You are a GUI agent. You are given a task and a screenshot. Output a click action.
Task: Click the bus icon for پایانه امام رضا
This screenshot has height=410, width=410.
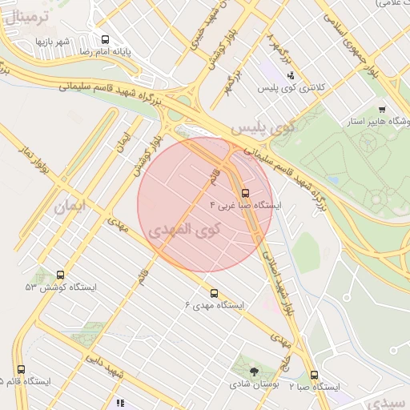point(106,39)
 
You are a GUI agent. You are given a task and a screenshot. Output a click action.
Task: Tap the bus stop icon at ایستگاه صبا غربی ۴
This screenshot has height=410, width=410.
point(245,193)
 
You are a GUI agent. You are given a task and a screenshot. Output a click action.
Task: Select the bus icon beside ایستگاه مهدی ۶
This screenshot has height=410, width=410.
point(214,293)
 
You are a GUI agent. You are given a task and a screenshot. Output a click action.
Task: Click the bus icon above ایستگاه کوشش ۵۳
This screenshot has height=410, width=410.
point(61,275)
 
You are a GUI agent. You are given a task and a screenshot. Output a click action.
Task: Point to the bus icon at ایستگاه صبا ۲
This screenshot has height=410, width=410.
point(314,375)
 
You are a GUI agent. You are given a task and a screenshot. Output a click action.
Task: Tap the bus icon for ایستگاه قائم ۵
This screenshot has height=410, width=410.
point(21,369)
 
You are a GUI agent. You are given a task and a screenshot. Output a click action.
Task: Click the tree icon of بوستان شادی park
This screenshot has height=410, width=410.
point(255,371)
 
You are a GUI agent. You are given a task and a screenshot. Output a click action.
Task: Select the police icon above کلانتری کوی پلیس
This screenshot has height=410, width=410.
point(289,75)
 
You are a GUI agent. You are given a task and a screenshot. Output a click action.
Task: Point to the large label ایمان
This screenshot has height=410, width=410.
point(69,207)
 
